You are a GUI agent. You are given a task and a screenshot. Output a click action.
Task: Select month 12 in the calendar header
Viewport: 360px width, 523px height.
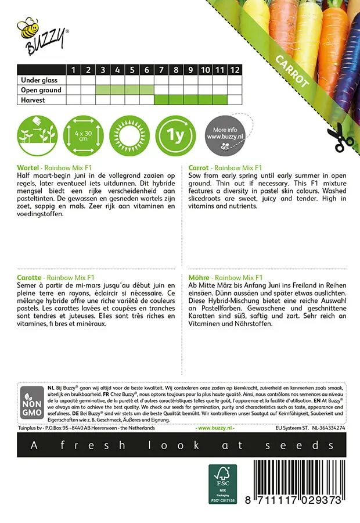point(235,70)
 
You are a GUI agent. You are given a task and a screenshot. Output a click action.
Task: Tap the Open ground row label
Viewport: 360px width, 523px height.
point(41,90)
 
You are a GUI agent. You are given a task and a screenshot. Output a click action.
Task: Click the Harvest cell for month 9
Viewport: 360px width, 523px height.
point(190,100)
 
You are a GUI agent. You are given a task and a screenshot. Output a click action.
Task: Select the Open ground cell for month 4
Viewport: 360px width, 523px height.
point(117,90)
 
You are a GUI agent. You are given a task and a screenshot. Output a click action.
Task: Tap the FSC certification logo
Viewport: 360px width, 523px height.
point(222,483)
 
